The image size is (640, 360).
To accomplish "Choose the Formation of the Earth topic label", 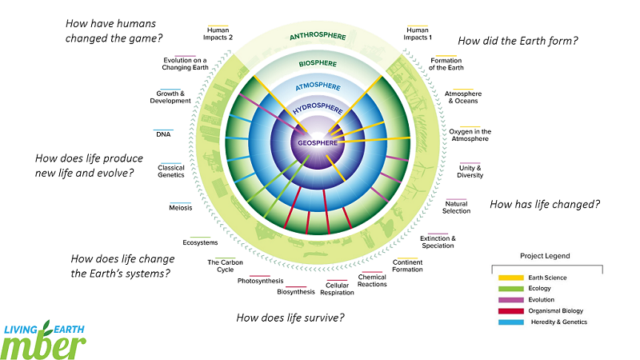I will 446,64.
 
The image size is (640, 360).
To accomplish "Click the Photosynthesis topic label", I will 260,281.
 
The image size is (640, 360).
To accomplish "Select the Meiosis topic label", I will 180,208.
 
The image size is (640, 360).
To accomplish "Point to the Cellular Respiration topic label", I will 338,288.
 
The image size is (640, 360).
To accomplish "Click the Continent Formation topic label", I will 407,266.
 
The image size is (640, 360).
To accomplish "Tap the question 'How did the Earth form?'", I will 518,40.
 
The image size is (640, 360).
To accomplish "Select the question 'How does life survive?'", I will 290,318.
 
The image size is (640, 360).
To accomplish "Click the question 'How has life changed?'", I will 545,204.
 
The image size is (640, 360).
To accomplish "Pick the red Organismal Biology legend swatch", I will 506,310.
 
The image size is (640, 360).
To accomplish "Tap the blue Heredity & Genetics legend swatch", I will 506,322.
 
